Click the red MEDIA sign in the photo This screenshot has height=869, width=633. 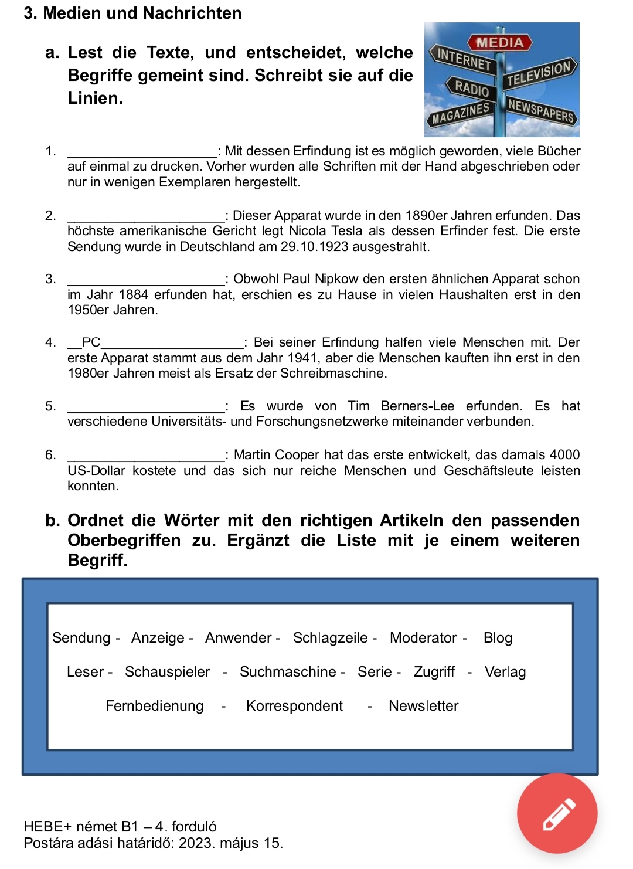click(500, 42)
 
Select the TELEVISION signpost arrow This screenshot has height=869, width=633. click(540, 73)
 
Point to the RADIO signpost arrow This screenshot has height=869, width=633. click(472, 88)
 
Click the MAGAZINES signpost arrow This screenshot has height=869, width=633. click(461, 113)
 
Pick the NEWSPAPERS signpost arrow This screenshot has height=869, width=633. click(541, 110)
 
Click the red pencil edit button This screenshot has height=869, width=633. click(557, 813)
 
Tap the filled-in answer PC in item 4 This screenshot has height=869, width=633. click(91, 342)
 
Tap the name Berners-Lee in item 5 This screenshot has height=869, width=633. click(417, 406)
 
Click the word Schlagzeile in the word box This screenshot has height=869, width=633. click(331, 637)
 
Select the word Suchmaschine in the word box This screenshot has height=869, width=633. click(288, 671)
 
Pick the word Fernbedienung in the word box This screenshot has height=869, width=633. click(155, 705)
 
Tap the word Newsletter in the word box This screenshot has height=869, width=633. click(423, 705)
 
